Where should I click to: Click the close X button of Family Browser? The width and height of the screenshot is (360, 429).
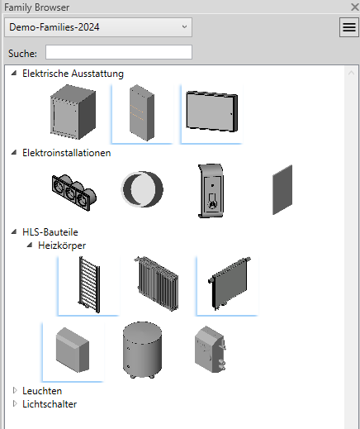(x=355, y=7)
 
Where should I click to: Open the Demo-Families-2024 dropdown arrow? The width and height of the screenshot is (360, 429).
(x=184, y=26)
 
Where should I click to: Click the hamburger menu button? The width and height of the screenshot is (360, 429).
(x=349, y=27)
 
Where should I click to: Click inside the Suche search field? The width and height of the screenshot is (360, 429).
(x=119, y=52)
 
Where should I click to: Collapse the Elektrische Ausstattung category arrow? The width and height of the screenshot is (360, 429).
(x=14, y=73)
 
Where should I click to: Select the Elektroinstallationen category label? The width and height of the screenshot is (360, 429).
(x=67, y=153)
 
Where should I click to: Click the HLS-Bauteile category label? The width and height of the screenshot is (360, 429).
(x=50, y=232)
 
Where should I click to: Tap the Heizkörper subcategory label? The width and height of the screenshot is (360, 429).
(x=62, y=245)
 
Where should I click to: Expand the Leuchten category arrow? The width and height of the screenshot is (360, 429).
(x=15, y=390)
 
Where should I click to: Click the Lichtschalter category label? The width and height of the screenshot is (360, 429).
(x=50, y=404)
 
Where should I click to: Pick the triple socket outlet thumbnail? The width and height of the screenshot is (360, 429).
(x=74, y=193)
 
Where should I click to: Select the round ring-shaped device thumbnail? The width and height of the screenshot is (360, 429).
(x=142, y=189)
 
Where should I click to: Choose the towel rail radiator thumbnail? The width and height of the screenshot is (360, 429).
(x=89, y=284)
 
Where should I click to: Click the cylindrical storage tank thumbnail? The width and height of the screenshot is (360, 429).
(x=142, y=350)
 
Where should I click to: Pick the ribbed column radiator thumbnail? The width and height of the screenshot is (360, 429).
(x=157, y=284)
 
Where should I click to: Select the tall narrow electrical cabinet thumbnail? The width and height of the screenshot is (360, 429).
(x=142, y=112)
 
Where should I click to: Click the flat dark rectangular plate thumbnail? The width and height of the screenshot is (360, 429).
(x=282, y=190)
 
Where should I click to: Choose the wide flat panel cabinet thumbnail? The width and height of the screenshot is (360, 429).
(x=211, y=112)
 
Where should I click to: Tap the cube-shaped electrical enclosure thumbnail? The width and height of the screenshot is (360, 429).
(x=73, y=112)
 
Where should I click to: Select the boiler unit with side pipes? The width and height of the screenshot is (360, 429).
(x=211, y=349)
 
